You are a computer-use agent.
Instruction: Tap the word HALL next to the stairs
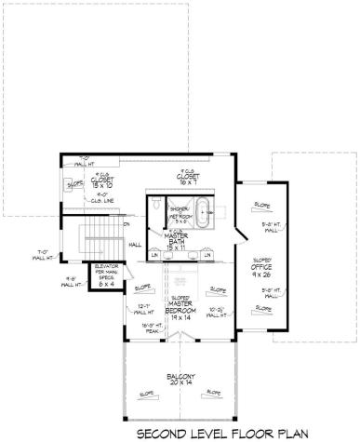tap(135, 245)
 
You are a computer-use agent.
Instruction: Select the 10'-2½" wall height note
tap(218, 312)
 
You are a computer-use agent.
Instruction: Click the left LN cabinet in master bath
tap(155, 255)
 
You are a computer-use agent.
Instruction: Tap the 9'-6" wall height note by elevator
tap(71, 281)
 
